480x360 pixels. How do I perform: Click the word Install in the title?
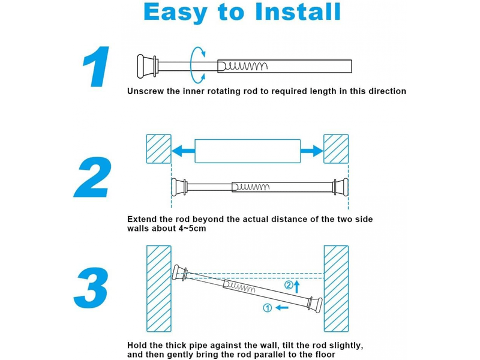(298, 11)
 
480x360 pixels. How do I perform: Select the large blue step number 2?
(92, 177)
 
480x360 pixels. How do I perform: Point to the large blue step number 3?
(91, 288)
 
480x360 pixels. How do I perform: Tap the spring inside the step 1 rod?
(244, 66)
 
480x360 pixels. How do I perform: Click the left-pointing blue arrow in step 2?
(184, 151)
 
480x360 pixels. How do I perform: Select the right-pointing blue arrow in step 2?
(311, 151)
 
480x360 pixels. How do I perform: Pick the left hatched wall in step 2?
(158, 149)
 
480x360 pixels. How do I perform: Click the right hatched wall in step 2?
(336, 149)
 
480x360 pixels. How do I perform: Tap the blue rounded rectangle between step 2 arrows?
(248, 151)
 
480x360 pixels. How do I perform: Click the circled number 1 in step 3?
(268, 308)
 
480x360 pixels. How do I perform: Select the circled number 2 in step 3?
(289, 286)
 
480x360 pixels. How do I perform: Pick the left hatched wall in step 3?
(158, 289)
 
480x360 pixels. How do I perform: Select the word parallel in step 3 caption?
(262, 355)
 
